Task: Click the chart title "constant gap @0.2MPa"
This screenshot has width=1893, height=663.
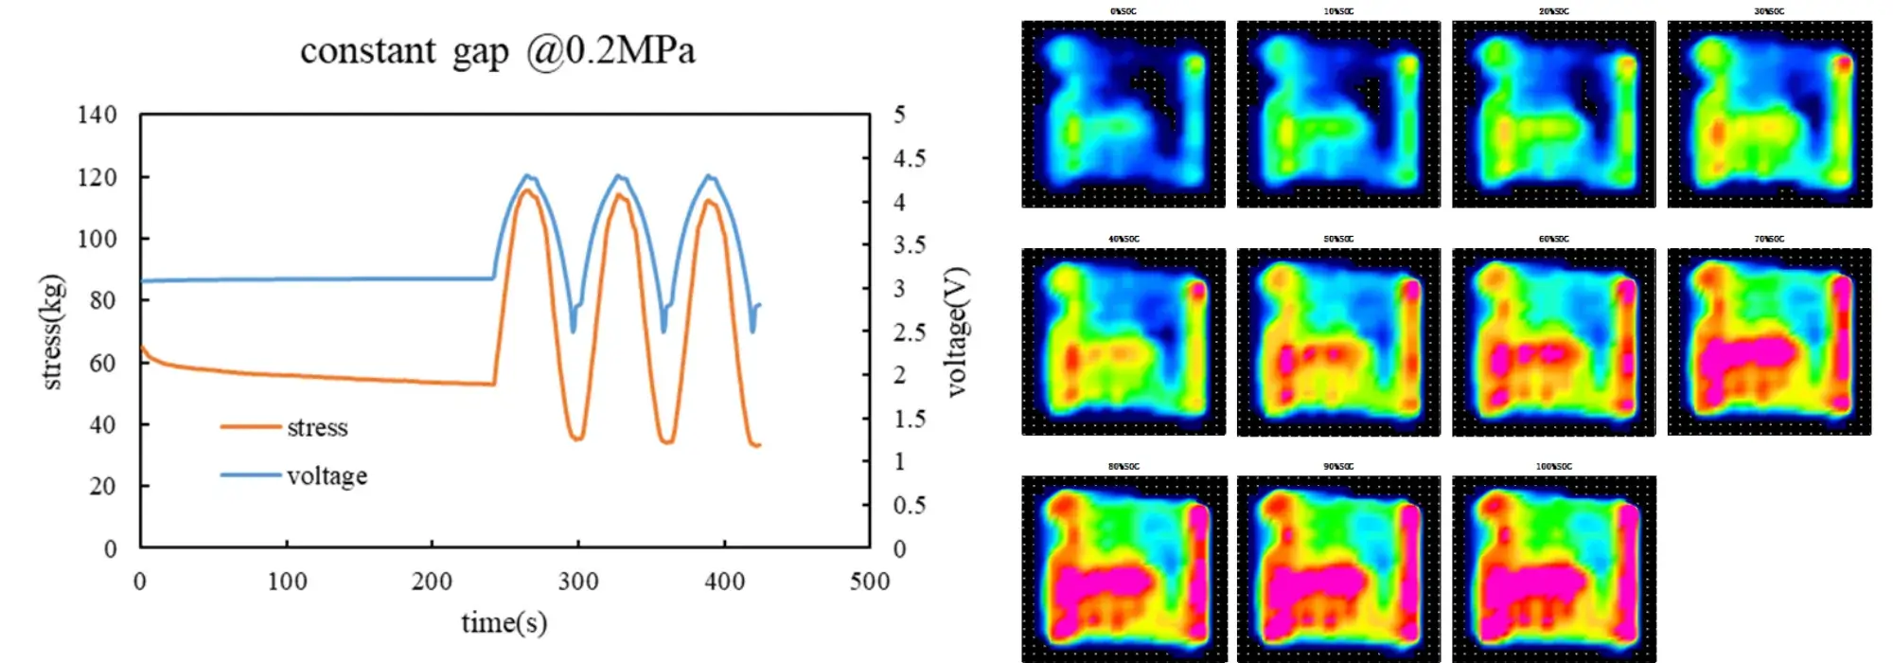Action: tap(497, 51)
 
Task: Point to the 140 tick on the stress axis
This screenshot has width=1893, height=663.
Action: tap(97, 116)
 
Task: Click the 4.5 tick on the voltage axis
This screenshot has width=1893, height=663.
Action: tap(910, 158)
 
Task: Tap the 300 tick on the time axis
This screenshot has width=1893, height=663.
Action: tap(577, 582)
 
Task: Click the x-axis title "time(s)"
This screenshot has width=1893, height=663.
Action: tap(504, 622)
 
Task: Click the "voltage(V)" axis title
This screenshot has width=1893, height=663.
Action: tap(957, 332)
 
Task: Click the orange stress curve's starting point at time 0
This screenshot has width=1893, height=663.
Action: tap(142, 348)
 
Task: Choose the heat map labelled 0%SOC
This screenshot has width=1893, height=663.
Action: tap(1123, 115)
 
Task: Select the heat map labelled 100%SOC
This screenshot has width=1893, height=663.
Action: tap(1553, 569)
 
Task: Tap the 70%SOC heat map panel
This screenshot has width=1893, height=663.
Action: tap(1769, 342)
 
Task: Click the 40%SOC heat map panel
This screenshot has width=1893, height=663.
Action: tap(1123, 342)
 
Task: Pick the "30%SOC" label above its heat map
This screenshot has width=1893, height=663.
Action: tap(1768, 11)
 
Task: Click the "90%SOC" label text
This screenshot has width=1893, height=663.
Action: tap(1338, 466)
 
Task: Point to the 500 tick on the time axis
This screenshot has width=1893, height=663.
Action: tap(870, 582)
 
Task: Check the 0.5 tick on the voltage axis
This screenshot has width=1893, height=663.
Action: tap(910, 506)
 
